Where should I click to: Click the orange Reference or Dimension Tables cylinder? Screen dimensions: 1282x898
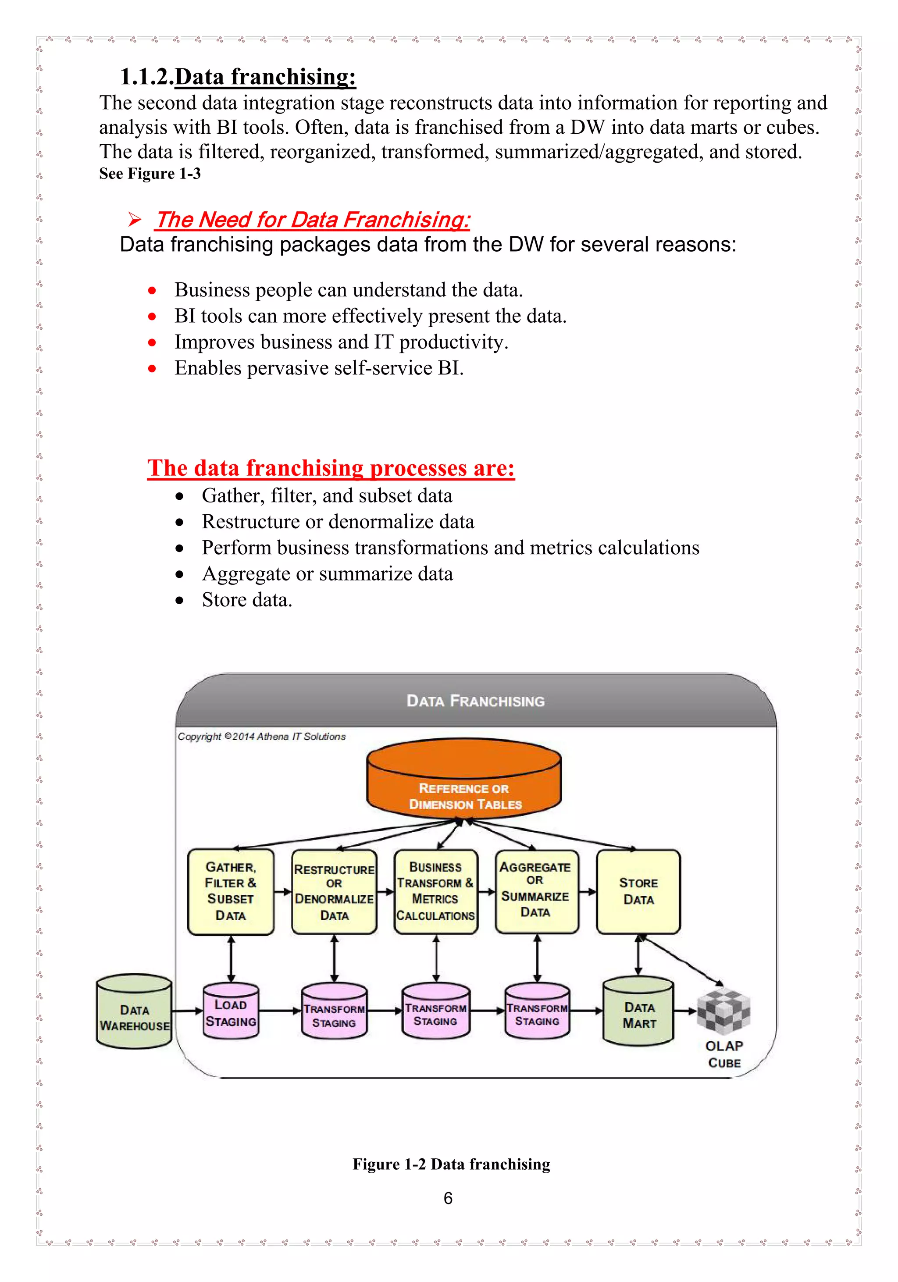(x=463, y=780)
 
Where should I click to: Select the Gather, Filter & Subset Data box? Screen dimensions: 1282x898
(x=231, y=891)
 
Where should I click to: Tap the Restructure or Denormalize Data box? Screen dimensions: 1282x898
(x=334, y=892)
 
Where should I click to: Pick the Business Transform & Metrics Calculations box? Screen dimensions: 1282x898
(x=435, y=892)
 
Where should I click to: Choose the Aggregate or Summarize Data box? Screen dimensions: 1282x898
(x=536, y=891)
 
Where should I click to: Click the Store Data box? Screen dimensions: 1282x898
(x=638, y=891)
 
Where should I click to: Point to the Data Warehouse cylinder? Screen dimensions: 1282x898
(x=134, y=1012)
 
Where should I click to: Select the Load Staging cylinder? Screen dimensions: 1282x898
(x=231, y=1012)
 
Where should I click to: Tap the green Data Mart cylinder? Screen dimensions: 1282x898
(x=638, y=1012)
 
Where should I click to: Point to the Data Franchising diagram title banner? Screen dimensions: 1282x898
(x=475, y=701)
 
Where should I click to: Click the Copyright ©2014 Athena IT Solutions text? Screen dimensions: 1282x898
(x=261, y=737)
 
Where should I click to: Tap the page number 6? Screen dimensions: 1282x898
(x=448, y=1198)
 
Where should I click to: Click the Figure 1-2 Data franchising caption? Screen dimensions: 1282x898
(x=451, y=1164)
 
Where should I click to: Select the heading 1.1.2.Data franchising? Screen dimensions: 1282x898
(x=238, y=76)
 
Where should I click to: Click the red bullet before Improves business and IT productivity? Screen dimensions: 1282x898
(x=152, y=342)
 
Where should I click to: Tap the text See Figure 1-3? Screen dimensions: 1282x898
(x=150, y=174)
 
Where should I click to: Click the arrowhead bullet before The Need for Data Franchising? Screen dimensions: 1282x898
(x=135, y=219)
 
